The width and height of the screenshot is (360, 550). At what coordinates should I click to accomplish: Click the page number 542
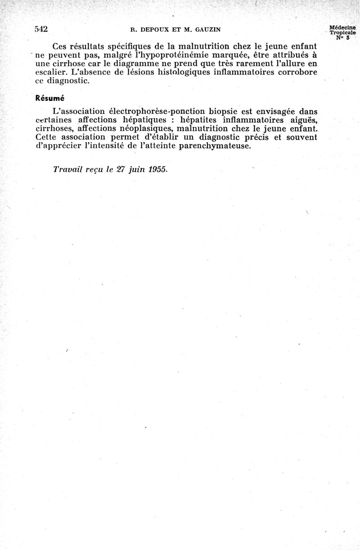point(41,29)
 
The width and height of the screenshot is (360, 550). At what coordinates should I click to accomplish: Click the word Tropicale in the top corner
point(342,33)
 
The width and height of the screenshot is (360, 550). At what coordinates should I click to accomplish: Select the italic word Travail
point(68,170)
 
